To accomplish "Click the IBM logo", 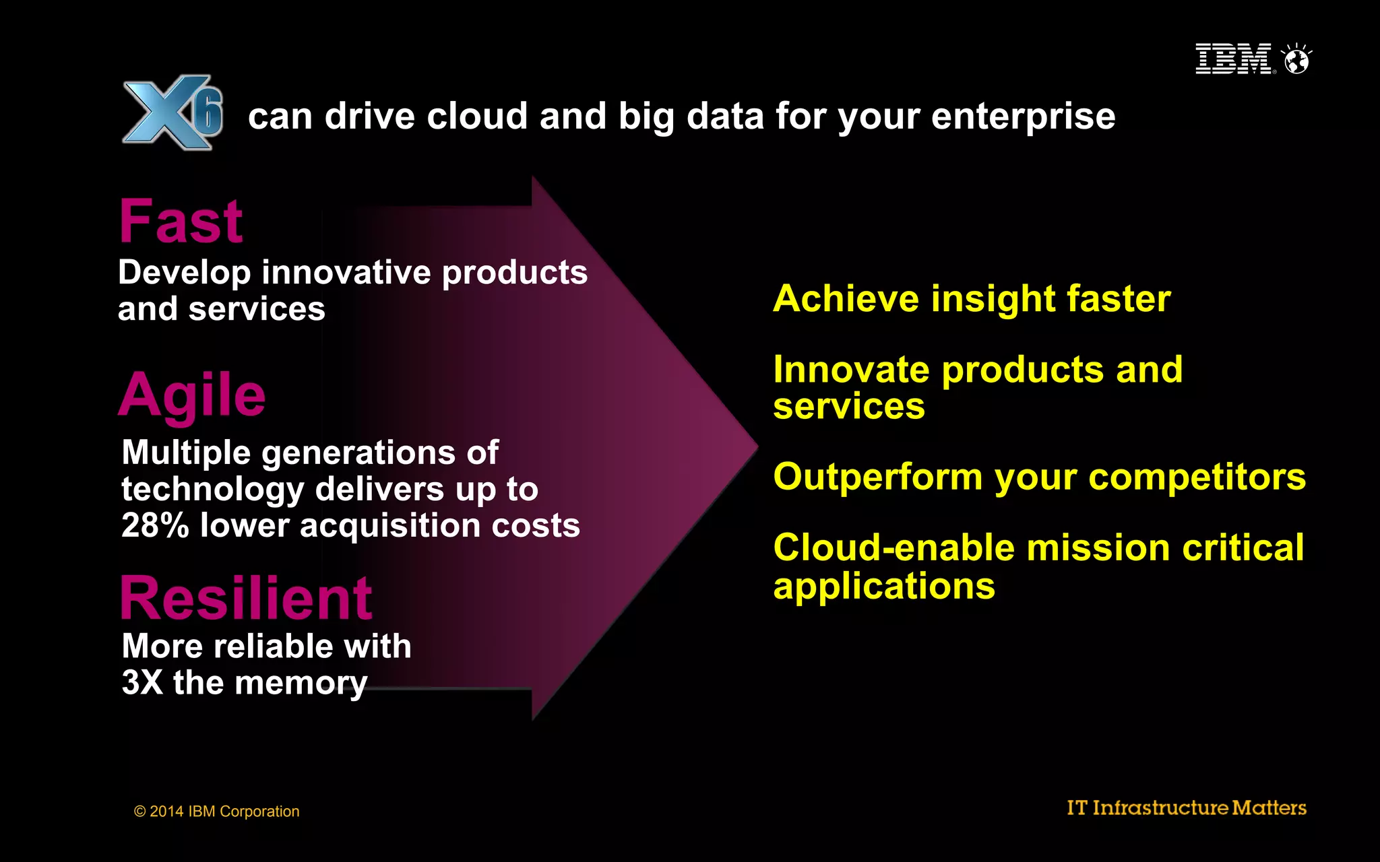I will click(x=1232, y=59).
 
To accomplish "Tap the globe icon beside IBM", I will click(x=1296, y=60).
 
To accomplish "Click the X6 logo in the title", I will click(x=172, y=112).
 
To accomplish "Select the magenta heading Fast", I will click(x=181, y=222).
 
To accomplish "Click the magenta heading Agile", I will click(x=192, y=395).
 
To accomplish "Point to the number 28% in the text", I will click(x=155, y=526).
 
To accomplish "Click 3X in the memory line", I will click(x=142, y=682).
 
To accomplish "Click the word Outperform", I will click(x=878, y=477).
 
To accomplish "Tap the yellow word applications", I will click(x=884, y=587).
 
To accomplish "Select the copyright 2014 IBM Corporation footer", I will click(x=216, y=811).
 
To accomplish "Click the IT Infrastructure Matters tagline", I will click(x=1186, y=807).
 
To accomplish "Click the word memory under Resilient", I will click(x=301, y=684).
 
